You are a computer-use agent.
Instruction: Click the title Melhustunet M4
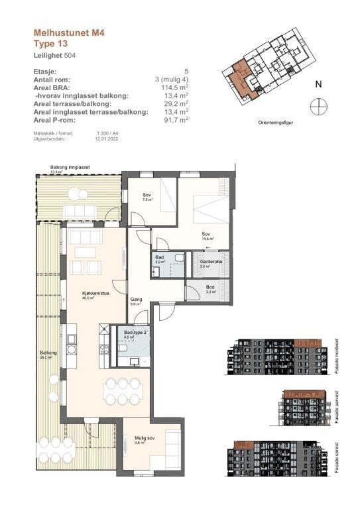[69, 30]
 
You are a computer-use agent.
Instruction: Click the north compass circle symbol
[318, 105]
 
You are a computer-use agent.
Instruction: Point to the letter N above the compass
[318, 84]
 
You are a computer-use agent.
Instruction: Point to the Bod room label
[210, 287]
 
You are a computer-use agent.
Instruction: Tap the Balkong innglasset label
[70, 167]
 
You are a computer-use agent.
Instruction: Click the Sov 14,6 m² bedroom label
[207, 235]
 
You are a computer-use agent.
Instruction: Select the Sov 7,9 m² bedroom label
[147, 196]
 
